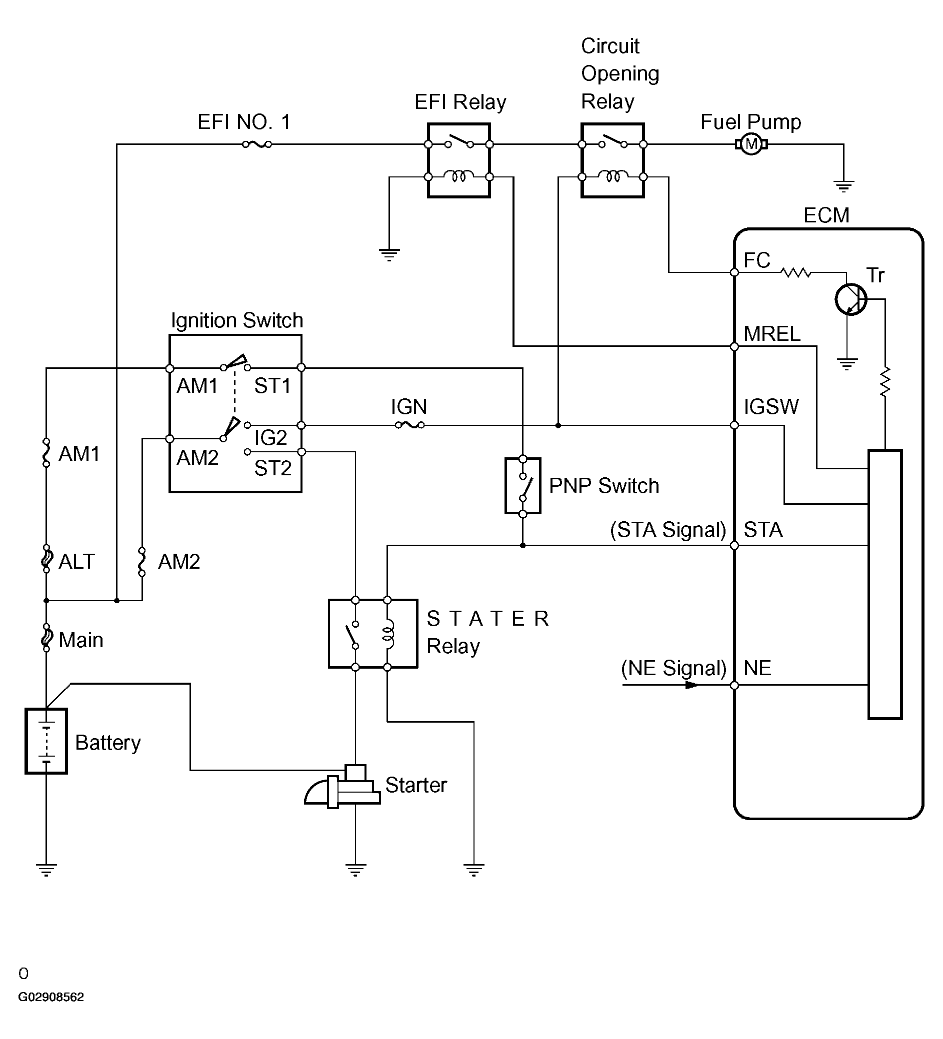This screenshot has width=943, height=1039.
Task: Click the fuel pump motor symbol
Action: point(751,144)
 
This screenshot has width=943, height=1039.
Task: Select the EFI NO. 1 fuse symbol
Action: point(257,144)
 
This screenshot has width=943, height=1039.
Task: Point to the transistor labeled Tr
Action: point(850,299)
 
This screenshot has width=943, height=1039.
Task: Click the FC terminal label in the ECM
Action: point(756,260)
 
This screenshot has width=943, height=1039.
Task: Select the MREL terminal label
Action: point(772,334)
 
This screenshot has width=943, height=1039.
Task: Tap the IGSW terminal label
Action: point(771,407)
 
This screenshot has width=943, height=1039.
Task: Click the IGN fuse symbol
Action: point(409,425)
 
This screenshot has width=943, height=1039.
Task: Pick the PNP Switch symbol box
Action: point(523,486)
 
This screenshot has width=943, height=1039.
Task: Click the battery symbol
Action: point(46,741)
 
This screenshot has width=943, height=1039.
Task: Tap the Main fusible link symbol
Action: point(46,638)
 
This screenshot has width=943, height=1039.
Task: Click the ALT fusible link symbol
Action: point(46,559)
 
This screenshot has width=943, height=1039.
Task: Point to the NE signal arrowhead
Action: point(691,686)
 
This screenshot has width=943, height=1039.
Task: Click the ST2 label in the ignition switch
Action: point(272,468)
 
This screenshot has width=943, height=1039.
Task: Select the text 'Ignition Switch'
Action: point(236,320)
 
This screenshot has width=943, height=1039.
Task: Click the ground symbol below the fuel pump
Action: point(843,185)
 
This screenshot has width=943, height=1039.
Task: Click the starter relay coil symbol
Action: point(387,634)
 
